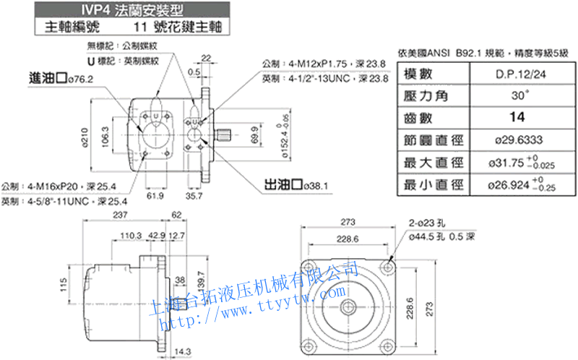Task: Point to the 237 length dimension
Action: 119,216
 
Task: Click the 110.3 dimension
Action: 130,236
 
